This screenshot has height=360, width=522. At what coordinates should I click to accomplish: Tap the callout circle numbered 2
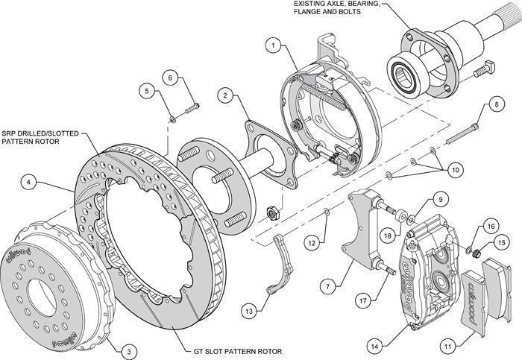point(224,95)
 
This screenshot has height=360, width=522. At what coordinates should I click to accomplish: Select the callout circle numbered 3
point(128,351)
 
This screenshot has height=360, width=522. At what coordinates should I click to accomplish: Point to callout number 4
point(27,181)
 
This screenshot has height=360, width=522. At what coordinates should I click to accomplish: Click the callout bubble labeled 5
point(147,91)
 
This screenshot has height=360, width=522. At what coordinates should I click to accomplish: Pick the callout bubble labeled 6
point(170,77)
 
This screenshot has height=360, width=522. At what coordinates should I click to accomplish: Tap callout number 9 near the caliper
point(440,199)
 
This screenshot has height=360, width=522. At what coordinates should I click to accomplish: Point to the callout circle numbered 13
point(248,308)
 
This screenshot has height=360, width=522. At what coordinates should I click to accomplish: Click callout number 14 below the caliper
point(374,345)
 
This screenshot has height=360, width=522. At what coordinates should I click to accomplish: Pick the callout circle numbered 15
point(501,242)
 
